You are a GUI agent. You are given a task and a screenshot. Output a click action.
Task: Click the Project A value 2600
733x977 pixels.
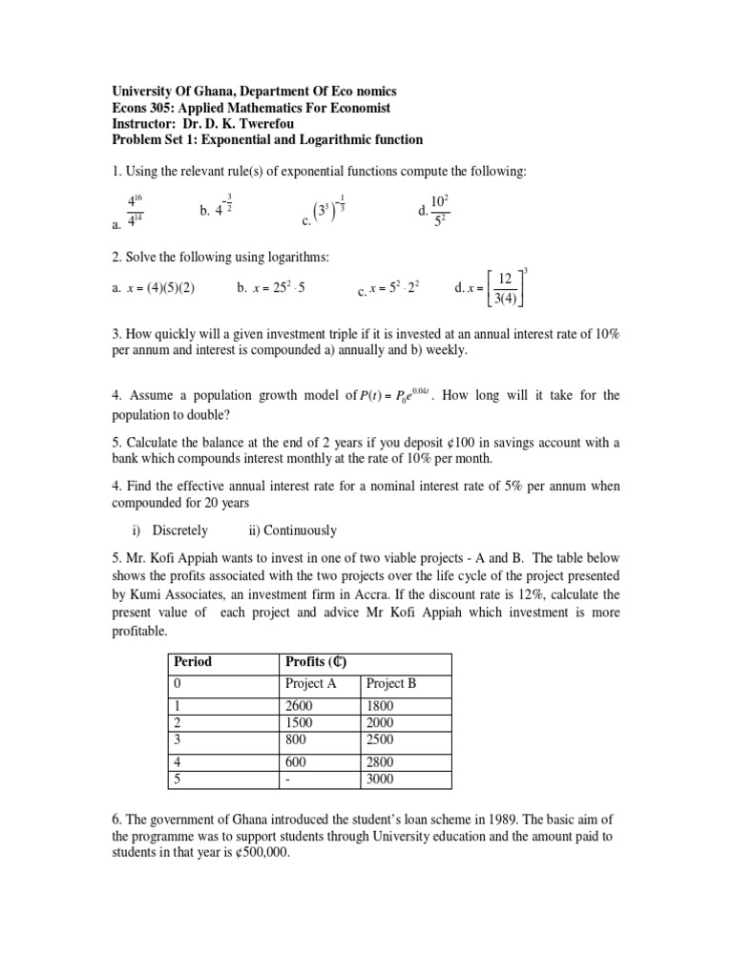[x=300, y=705]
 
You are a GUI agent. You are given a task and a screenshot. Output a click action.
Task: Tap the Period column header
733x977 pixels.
[x=192, y=661]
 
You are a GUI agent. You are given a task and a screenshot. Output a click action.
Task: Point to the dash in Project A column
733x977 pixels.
[x=288, y=779]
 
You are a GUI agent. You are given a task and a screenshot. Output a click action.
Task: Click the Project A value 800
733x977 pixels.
[x=295, y=738]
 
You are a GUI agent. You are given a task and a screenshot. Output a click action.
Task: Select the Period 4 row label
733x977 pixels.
[x=176, y=761]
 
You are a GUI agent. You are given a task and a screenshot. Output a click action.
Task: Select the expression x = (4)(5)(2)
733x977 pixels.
[x=164, y=288]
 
